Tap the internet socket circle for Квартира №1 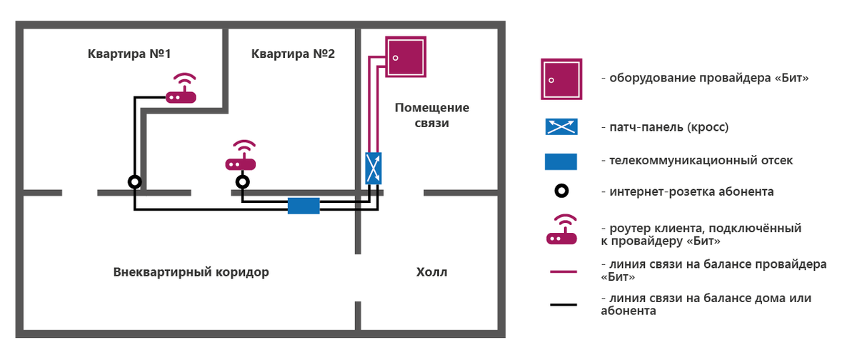click(134, 182)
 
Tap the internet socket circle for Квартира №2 click(243, 182)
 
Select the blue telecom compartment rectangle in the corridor click(304, 206)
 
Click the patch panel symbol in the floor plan click(374, 169)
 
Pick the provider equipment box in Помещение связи click(405, 57)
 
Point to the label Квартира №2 click(293, 54)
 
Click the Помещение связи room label click(432, 116)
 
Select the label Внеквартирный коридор click(191, 272)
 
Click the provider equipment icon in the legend click(561, 79)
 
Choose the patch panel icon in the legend click(561, 127)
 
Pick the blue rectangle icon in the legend click(561, 161)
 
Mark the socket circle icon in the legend click(562, 191)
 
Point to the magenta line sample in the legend click(563, 271)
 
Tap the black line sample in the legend click(563, 305)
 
